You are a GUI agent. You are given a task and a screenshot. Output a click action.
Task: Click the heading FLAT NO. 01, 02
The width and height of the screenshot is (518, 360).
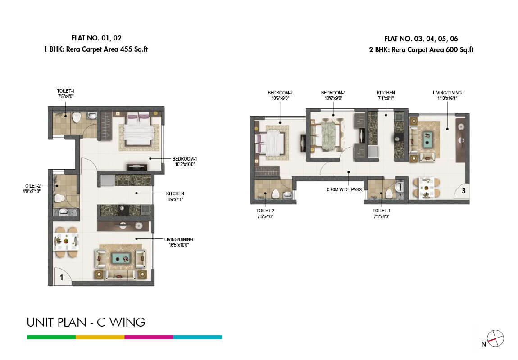click(96, 38)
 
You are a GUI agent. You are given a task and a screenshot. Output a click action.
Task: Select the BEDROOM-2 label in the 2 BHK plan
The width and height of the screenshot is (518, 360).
click(280, 95)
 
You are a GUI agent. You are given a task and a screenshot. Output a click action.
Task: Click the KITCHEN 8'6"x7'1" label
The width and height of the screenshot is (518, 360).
click(175, 196)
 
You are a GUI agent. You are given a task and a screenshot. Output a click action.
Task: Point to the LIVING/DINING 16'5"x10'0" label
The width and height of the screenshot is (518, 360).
click(179, 242)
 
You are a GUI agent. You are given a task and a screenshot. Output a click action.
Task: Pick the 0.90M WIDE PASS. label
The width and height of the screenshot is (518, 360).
click(345, 190)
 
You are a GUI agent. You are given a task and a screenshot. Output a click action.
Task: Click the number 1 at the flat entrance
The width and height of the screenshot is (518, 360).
click(61, 278)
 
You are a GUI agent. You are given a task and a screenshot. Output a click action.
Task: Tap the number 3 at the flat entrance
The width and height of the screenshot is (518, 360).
click(463, 190)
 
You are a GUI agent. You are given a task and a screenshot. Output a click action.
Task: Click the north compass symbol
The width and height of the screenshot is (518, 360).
click(495, 338)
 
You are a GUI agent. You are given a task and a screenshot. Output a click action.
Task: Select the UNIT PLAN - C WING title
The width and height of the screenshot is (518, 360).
click(86, 322)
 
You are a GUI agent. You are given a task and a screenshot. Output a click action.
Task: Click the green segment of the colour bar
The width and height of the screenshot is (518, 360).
click(51, 337)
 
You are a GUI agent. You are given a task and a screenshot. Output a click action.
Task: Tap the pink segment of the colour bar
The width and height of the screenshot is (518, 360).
click(149, 337)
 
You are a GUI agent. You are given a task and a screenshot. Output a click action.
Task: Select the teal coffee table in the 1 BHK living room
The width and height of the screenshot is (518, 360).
click(121, 258)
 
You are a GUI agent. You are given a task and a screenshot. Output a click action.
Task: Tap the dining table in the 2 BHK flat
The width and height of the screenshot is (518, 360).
click(427, 188)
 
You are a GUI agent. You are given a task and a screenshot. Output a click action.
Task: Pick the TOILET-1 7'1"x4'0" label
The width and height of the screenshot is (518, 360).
click(382, 213)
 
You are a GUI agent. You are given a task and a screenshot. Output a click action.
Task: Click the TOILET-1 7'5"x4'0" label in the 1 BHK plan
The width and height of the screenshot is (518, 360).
click(66, 94)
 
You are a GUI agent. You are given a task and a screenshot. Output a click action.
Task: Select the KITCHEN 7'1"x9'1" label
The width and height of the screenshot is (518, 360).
click(386, 95)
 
